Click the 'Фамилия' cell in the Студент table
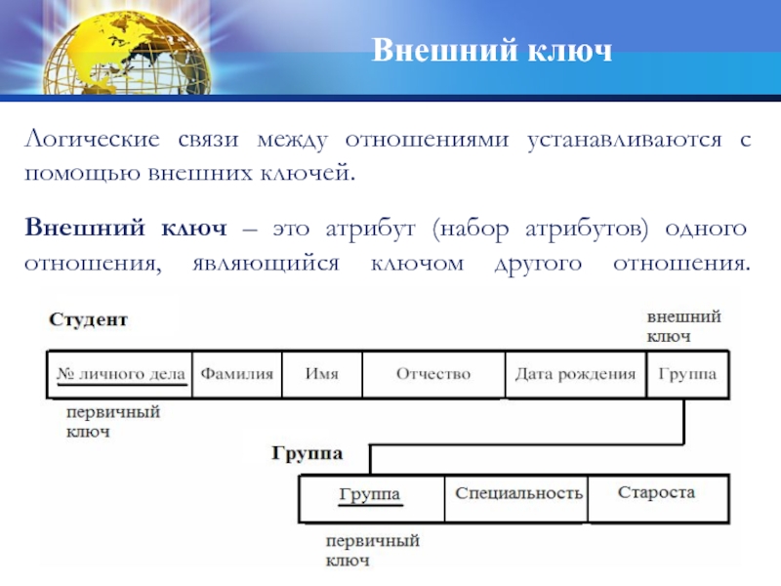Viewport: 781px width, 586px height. tap(237, 374)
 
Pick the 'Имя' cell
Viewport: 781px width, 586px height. tap(322, 374)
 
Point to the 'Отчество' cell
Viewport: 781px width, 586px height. tap(432, 374)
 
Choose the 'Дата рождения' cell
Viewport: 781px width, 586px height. tap(575, 374)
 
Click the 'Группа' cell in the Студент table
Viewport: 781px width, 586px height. tap(687, 374)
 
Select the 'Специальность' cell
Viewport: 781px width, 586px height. tap(518, 492)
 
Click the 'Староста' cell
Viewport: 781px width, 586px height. tap(656, 492)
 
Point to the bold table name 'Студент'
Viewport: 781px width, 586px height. tap(89, 320)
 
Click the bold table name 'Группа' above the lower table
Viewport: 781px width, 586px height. tap(306, 454)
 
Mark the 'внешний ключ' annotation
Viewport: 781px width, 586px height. tap(683, 327)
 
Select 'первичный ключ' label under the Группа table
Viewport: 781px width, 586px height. tap(372, 550)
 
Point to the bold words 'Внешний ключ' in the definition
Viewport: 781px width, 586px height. tap(126, 229)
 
